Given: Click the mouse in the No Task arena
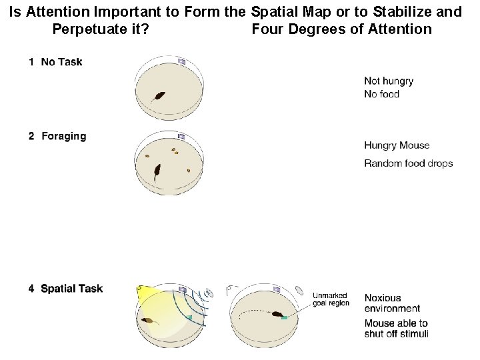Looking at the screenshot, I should (x=159, y=96).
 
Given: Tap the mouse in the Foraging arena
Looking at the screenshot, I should (x=157, y=172).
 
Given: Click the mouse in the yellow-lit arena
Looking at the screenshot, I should (x=150, y=320).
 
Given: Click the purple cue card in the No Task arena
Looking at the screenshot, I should (x=181, y=61).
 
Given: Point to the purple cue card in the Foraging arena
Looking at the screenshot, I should (x=181, y=136).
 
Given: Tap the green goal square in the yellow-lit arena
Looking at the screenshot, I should (x=189, y=318).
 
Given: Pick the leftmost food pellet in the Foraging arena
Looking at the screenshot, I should (x=147, y=157).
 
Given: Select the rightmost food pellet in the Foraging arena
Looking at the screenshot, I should (x=189, y=170).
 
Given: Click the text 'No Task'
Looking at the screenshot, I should (x=61, y=62).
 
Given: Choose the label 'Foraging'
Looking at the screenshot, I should (x=63, y=136).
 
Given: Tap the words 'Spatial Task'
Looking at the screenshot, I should (x=71, y=289).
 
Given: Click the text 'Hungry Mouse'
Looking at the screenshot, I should (x=397, y=145).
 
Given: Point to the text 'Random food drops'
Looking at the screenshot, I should (x=408, y=163).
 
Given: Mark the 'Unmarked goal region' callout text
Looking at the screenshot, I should (x=331, y=299).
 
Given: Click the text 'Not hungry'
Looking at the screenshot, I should (x=389, y=81).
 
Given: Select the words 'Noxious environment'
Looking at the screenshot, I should (x=392, y=303).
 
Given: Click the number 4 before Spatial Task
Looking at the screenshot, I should (x=31, y=289).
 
